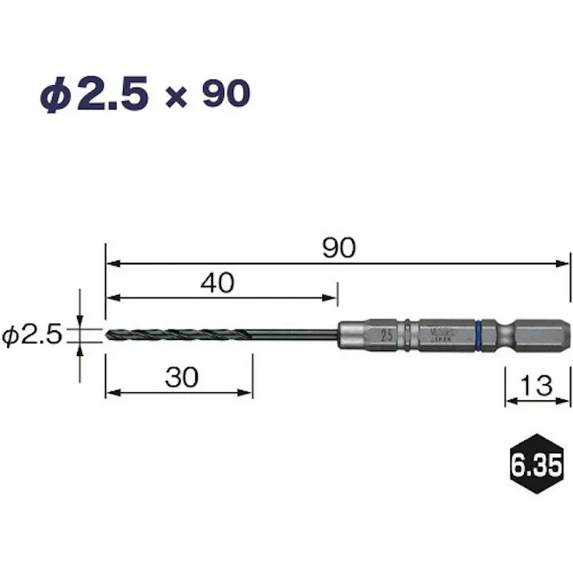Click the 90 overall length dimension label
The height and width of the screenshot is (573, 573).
338,248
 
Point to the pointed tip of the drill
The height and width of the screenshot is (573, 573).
108,335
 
